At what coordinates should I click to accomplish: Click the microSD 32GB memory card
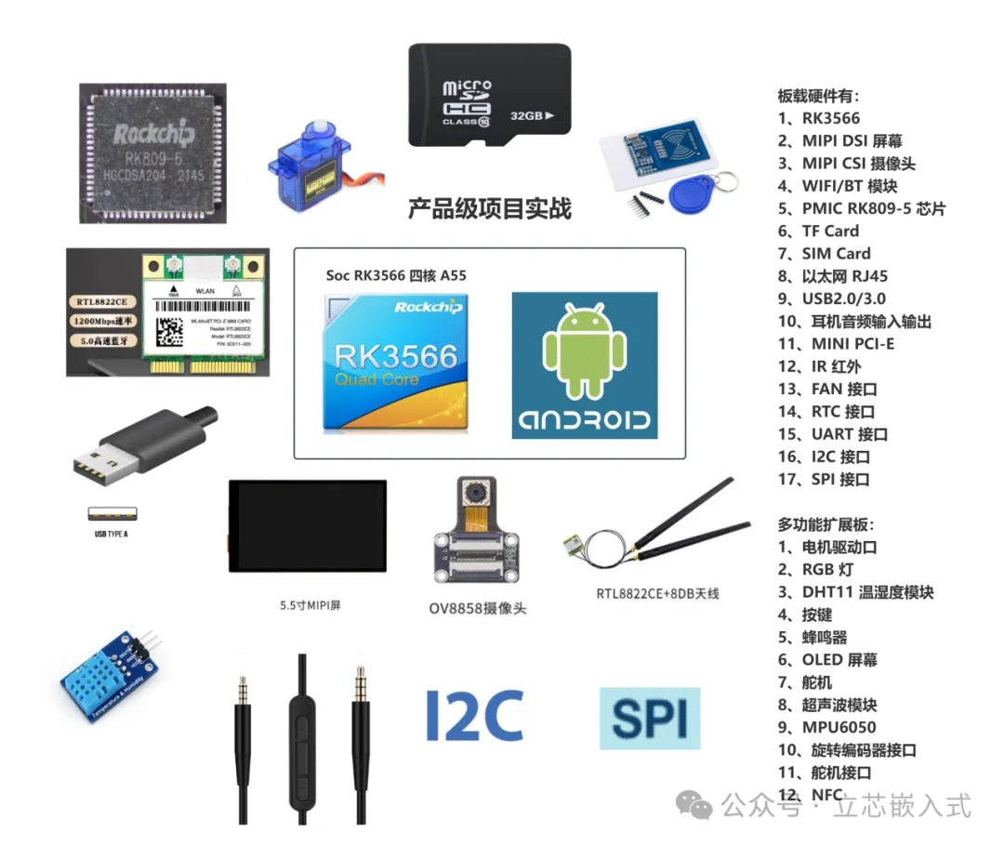[490, 93]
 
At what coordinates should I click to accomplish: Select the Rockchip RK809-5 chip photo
[153, 152]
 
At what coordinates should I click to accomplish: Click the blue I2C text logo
[474, 715]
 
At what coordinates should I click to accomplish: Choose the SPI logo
[650, 718]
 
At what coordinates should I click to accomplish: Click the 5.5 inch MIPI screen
[307, 525]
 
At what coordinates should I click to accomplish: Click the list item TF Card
[830, 231]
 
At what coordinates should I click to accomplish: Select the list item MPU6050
[839, 727]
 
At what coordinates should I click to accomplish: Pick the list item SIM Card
[836, 253]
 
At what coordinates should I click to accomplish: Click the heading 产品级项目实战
[490, 208]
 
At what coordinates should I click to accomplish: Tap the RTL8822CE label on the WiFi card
[101, 301]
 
